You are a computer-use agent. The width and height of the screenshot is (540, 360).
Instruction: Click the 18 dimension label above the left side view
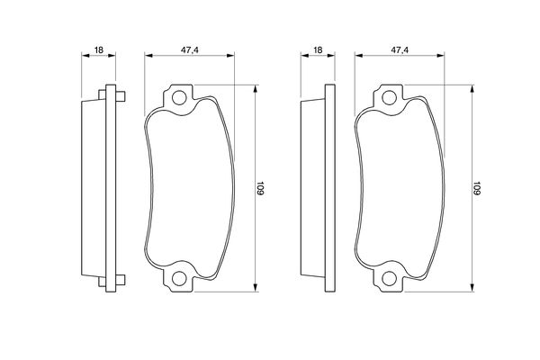click(x=99, y=50)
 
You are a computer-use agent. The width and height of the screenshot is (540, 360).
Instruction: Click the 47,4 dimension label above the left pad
click(x=190, y=50)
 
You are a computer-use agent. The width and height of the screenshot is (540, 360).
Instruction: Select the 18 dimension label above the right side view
click(x=318, y=50)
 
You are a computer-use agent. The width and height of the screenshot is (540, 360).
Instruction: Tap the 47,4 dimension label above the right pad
click(x=400, y=50)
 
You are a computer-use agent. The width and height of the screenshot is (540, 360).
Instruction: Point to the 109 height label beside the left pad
click(x=260, y=188)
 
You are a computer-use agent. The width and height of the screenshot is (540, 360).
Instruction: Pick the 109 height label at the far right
click(x=476, y=188)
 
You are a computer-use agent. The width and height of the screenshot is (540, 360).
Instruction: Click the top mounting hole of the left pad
click(x=179, y=98)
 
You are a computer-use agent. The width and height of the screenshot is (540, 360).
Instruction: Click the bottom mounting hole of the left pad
click(x=179, y=278)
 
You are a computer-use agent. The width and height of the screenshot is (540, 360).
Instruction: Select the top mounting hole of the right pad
click(x=389, y=98)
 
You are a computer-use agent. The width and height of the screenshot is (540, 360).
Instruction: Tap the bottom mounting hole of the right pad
click(x=389, y=278)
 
